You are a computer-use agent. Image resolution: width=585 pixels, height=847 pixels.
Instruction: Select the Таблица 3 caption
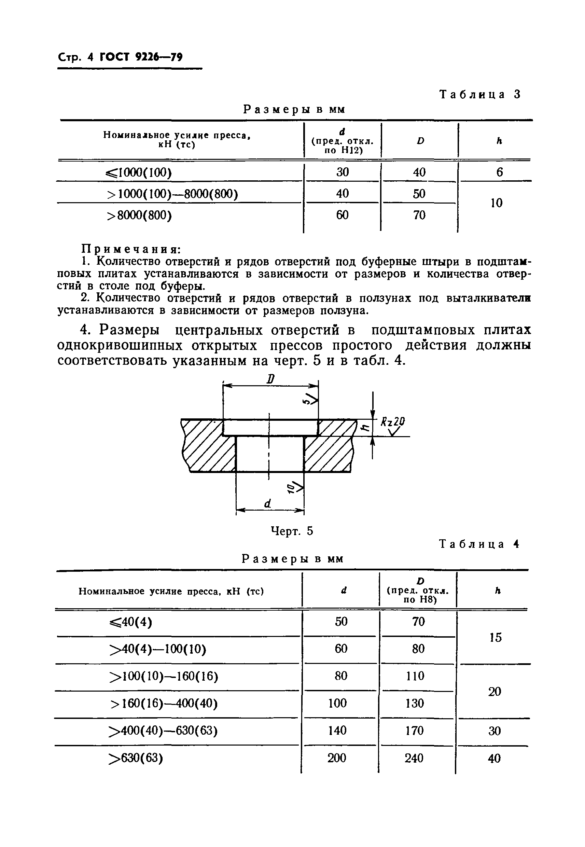480,95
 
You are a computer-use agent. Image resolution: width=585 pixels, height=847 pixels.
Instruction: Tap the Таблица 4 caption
479,544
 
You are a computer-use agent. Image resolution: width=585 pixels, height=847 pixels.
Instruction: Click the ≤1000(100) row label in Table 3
139,172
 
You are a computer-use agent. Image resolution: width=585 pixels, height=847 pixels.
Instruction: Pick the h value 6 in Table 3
499,172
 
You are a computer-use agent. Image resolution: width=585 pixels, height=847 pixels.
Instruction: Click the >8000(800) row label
139,215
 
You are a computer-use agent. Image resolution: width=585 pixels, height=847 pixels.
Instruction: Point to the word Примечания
130,249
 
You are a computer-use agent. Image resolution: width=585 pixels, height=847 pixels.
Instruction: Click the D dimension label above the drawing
270,379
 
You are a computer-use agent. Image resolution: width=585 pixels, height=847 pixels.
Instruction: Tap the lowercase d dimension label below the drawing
268,504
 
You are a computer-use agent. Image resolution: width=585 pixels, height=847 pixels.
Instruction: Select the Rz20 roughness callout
393,422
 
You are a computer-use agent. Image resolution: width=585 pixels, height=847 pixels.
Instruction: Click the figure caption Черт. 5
292,531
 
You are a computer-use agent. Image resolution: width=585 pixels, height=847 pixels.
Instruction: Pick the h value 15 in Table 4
495,637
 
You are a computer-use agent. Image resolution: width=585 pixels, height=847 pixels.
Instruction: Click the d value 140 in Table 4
337,730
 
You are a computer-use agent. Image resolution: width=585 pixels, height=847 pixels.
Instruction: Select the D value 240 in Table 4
414,758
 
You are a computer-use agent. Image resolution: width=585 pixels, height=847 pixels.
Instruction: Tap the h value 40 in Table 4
494,758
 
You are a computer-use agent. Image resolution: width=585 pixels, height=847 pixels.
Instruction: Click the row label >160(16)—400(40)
164,703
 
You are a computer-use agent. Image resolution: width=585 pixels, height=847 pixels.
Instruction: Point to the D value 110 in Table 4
415,676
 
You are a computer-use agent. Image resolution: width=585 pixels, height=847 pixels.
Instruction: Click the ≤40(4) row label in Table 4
130,622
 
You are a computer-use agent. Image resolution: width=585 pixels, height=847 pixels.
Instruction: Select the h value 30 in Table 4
495,731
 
